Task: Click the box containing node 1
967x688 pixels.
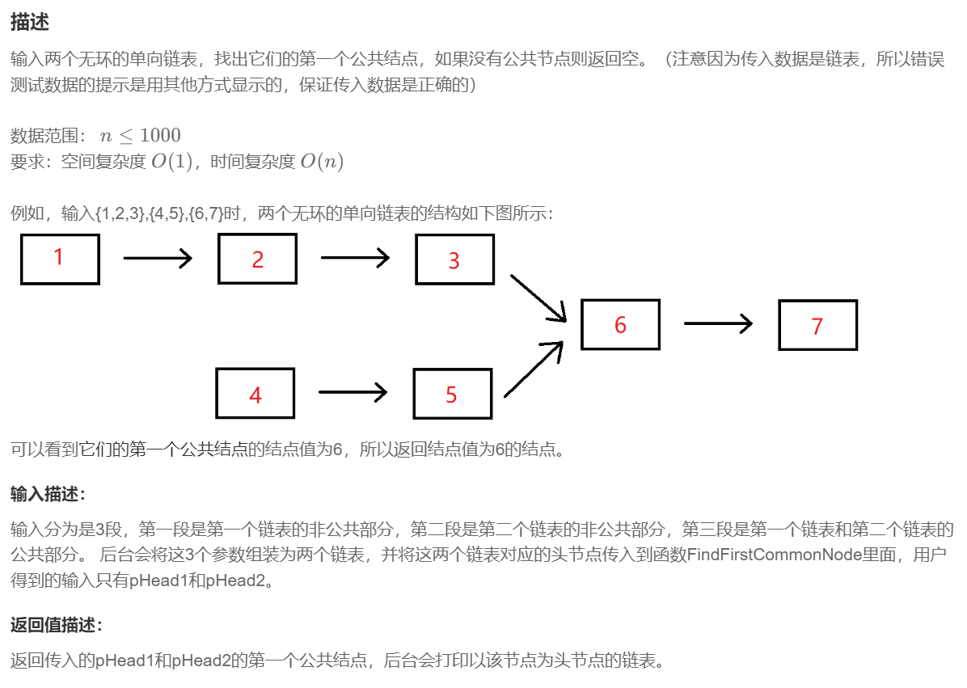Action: [x=60, y=259]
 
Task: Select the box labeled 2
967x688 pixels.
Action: [x=257, y=259]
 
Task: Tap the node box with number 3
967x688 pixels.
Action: [x=454, y=260]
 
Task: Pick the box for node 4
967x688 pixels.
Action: [x=255, y=394]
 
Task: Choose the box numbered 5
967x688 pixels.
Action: [x=452, y=394]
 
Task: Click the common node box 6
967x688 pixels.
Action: [x=620, y=324]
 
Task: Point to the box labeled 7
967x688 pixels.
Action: [x=817, y=325]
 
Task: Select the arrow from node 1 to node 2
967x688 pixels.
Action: [x=158, y=259]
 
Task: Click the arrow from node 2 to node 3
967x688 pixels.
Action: [x=355, y=259]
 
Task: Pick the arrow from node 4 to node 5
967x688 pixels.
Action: [x=353, y=393]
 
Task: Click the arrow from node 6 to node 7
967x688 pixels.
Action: [x=718, y=324]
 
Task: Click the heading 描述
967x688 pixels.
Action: [x=30, y=23]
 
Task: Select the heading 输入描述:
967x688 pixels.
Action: [x=48, y=494]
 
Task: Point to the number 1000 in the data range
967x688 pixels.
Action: [x=160, y=135]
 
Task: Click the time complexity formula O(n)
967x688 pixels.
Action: [x=322, y=162]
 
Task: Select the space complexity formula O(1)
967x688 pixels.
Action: [x=172, y=162]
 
